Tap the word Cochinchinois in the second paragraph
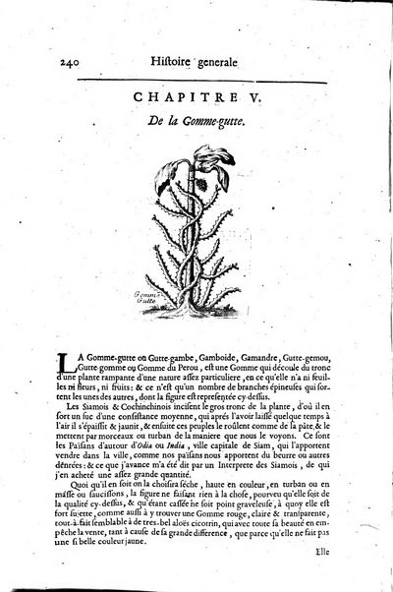pos(136,404)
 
